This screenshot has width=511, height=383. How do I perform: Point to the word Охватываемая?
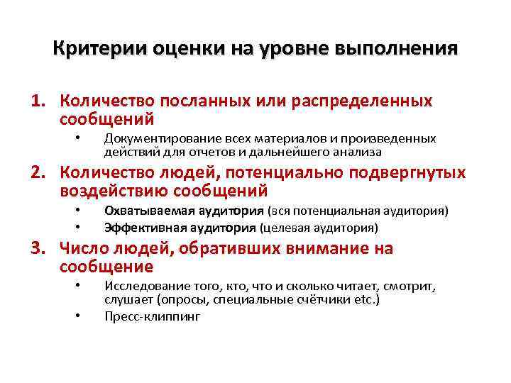click(x=142, y=211)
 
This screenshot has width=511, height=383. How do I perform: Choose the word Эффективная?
click(x=138, y=228)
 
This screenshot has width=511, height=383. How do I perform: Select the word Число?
click(x=83, y=249)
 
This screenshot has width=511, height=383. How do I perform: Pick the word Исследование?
click(x=141, y=286)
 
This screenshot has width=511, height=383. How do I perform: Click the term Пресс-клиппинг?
click(x=152, y=316)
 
